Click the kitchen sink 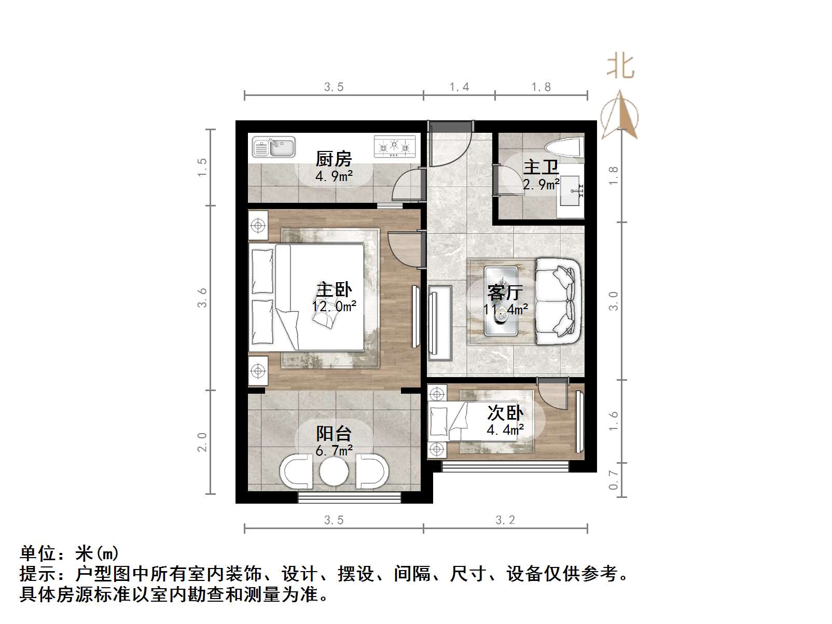(x=273, y=147)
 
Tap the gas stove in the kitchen (x=395, y=147)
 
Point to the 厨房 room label (x=334, y=159)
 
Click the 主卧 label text (x=334, y=289)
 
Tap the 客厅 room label (x=505, y=293)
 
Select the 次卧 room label (x=505, y=413)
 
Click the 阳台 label (x=334, y=434)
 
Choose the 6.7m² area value (x=334, y=450)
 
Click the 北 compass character (x=620, y=66)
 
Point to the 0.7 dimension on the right (x=613, y=480)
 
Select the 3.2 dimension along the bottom (x=505, y=520)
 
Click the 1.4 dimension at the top (x=459, y=87)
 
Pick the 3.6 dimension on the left (x=202, y=298)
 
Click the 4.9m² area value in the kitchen (x=334, y=176)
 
